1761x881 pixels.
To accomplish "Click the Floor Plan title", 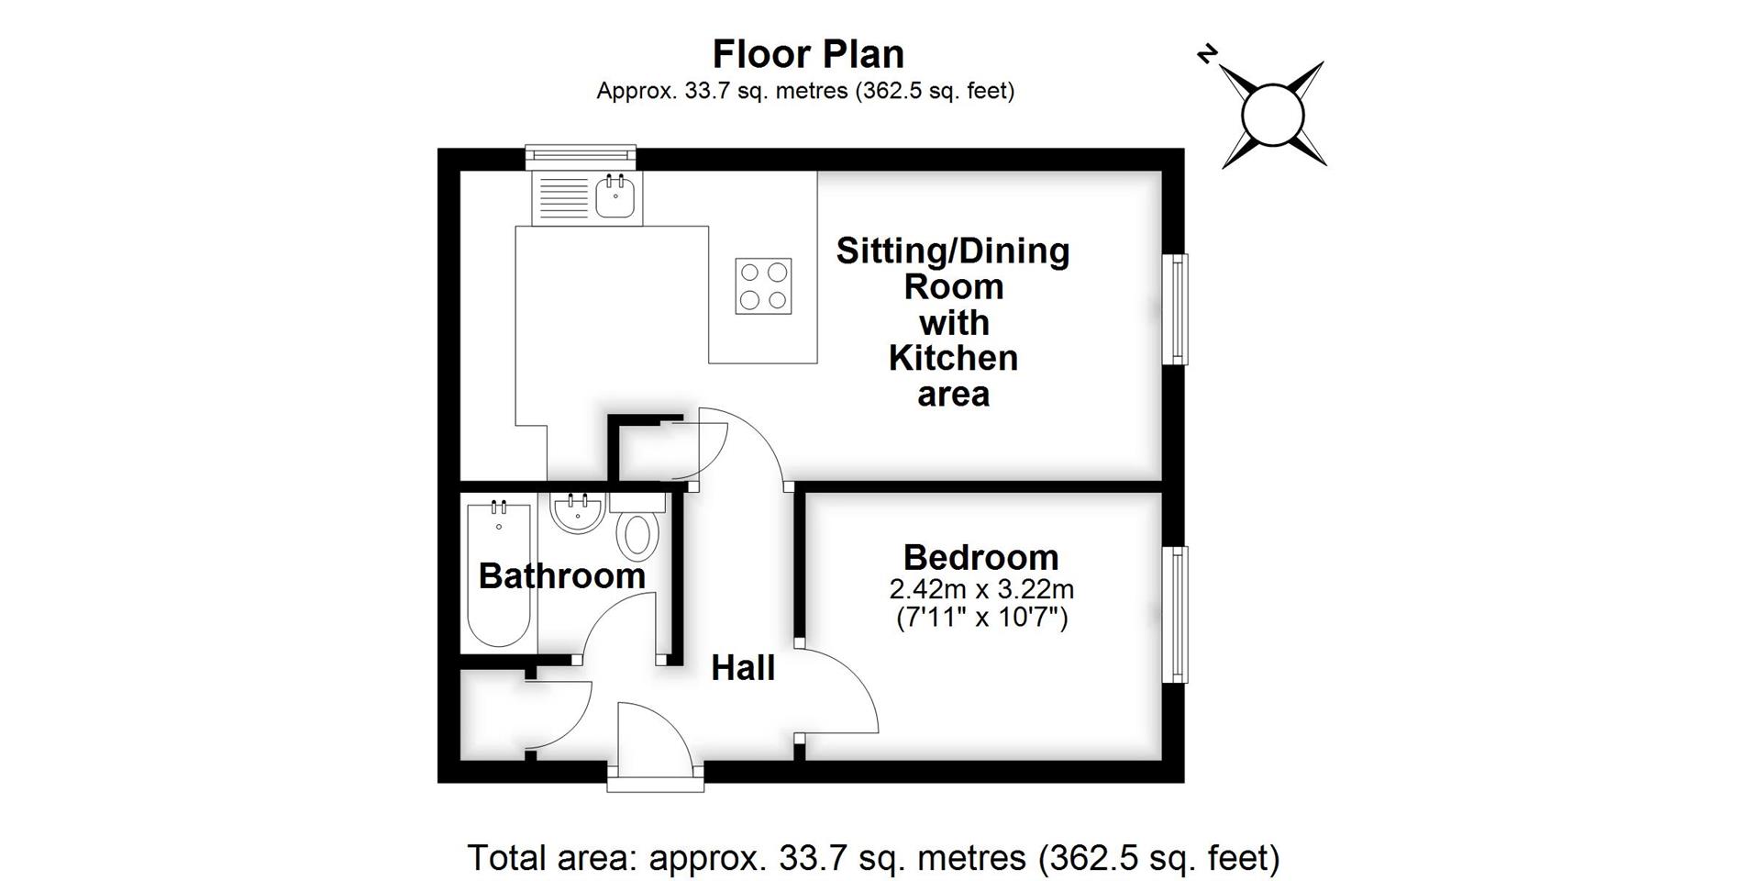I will point(808,54).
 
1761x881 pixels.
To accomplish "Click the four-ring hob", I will point(763,285).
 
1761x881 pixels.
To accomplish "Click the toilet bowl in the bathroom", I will point(637,535).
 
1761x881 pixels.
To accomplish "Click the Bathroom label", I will point(561,576).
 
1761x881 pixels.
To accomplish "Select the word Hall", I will point(743,668).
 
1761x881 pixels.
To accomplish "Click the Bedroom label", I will point(980,557).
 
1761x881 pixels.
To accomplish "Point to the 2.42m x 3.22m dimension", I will point(980,588).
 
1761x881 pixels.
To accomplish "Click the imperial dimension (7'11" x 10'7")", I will point(980,618).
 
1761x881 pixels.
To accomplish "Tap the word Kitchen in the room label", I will point(953,358).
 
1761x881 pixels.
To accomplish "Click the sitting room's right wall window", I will point(1175,309).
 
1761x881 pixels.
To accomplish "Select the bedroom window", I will point(1175,614).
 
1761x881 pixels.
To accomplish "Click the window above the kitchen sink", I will point(580,157).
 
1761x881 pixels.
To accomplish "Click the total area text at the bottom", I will point(873,858).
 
